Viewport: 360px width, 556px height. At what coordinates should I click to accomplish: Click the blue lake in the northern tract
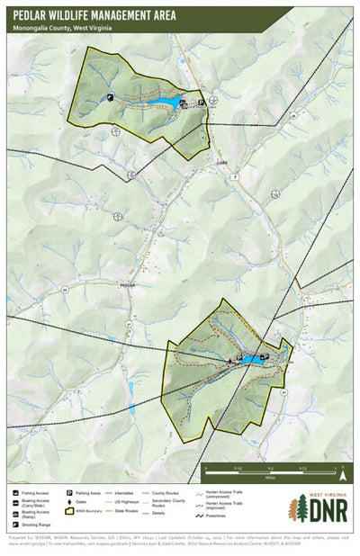[x=167, y=104]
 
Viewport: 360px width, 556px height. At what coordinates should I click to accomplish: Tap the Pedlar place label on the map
[x=126, y=284]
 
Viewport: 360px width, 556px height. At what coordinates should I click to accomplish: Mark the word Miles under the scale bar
[x=270, y=478]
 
